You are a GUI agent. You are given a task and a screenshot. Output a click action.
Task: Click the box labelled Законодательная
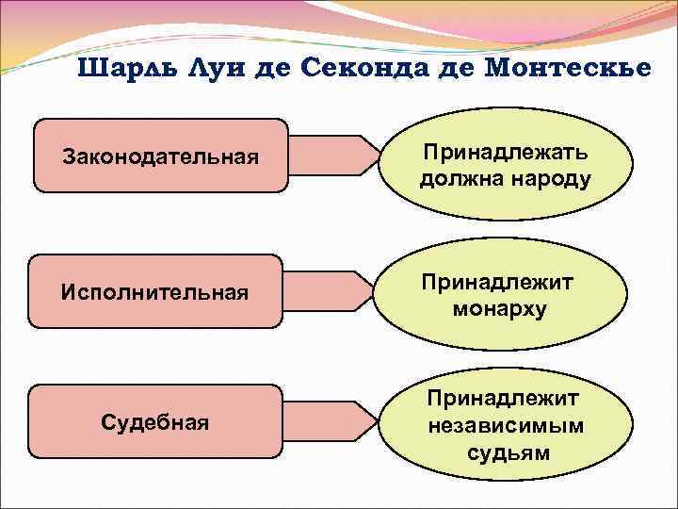click(160, 156)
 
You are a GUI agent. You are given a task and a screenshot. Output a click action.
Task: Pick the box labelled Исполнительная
click(155, 291)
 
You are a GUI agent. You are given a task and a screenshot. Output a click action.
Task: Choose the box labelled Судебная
click(155, 421)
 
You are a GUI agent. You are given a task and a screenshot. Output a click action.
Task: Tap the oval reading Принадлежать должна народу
click(507, 165)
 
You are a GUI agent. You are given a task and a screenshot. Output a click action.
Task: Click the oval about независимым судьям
click(506, 426)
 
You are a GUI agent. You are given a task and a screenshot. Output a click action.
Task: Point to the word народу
click(549, 179)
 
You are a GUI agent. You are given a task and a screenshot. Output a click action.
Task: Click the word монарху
click(499, 309)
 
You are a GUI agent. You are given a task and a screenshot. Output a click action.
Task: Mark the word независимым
click(506, 426)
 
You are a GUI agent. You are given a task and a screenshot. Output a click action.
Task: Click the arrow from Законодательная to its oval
click(330, 156)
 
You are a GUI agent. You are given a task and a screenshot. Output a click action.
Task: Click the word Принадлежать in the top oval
click(506, 152)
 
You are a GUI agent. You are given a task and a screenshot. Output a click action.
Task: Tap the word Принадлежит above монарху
click(499, 283)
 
